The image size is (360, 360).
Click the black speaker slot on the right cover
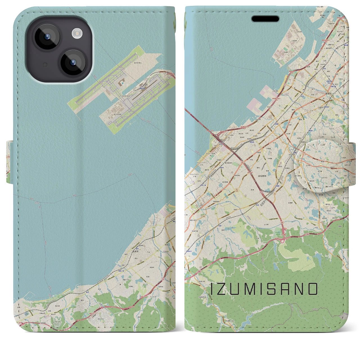265,19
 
